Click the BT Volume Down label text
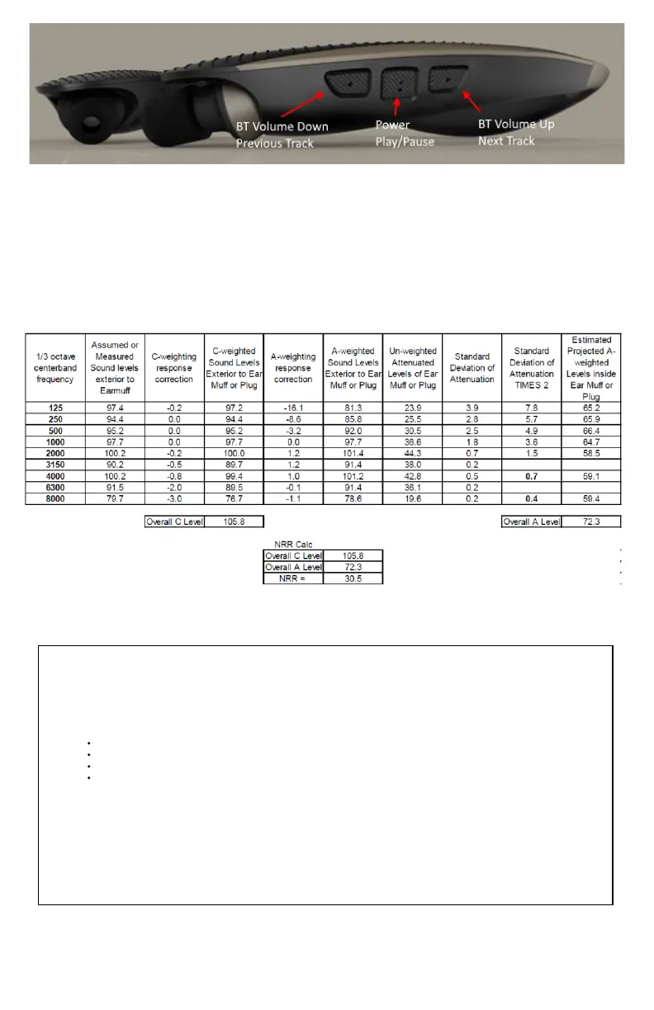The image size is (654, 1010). (281, 127)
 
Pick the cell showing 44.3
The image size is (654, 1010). (412, 453)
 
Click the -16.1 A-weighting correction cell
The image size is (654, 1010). (293, 407)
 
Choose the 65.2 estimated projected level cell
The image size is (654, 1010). (590, 407)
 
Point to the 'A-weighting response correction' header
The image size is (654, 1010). (293, 368)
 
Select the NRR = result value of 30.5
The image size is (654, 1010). (353, 578)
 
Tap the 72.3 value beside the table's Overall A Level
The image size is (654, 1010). (590, 522)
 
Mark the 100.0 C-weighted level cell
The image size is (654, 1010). (233, 453)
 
